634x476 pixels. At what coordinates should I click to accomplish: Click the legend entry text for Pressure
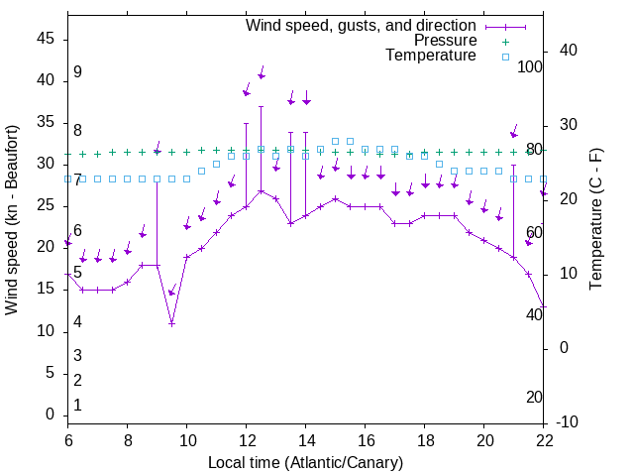click(x=445, y=41)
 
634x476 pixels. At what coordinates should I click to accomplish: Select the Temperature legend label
click(x=431, y=56)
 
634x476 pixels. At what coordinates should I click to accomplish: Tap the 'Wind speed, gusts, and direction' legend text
click(x=362, y=26)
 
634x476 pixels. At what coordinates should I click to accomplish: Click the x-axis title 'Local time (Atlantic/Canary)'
click(x=305, y=462)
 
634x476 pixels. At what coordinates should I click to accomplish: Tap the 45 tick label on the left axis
click(x=46, y=39)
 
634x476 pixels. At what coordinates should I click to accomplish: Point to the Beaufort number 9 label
click(x=77, y=72)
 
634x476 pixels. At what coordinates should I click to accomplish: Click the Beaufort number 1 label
click(x=77, y=405)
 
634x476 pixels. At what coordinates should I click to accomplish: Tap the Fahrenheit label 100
click(x=531, y=66)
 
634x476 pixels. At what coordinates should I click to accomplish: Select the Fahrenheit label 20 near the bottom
click(x=534, y=397)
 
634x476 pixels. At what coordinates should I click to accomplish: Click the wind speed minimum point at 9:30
click(x=171, y=323)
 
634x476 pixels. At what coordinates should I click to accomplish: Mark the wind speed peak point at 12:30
click(x=261, y=190)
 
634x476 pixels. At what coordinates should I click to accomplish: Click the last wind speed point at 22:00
click(x=544, y=306)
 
